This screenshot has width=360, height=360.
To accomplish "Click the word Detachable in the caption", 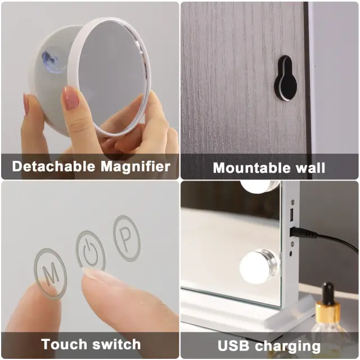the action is (x=53, y=166).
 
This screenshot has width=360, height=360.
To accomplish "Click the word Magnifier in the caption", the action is (x=136, y=167).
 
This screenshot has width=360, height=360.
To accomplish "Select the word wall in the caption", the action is (x=310, y=168).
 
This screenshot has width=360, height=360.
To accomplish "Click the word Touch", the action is (x=64, y=344).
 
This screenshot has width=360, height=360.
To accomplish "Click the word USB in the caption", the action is (x=234, y=345).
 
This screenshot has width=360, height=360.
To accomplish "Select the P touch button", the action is (x=127, y=238).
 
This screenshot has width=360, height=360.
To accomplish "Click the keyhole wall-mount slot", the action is (x=286, y=78).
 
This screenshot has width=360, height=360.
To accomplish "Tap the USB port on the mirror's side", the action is (x=292, y=215).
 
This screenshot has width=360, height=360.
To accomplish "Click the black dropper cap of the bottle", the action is (x=327, y=292).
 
